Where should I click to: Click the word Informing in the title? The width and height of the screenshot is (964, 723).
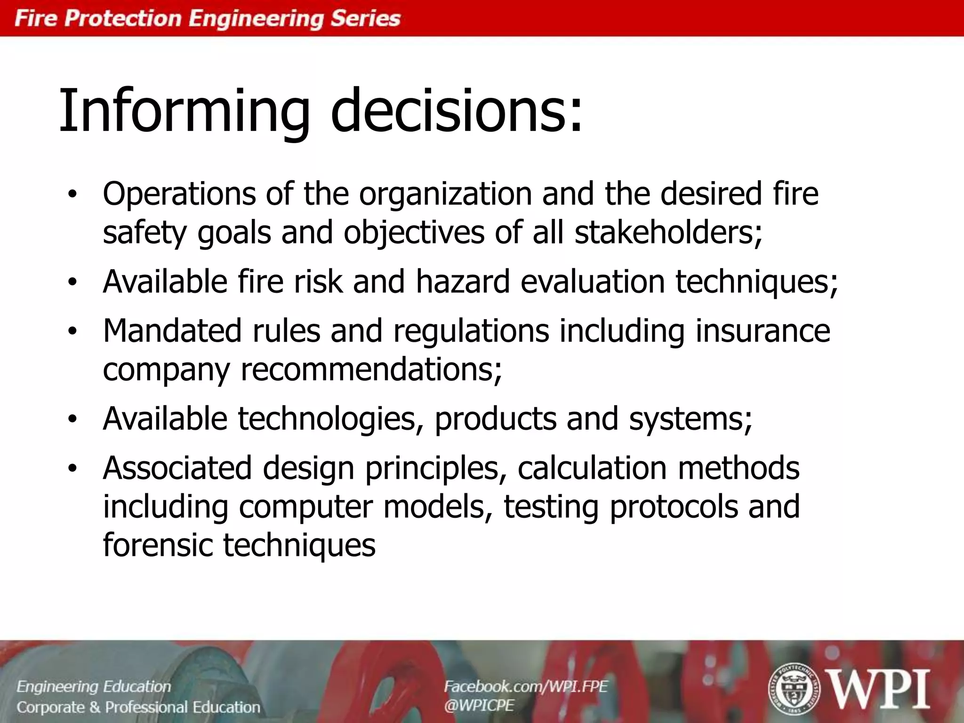tap(184, 111)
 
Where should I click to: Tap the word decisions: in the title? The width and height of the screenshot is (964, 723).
tap(457, 111)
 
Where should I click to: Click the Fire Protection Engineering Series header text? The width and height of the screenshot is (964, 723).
tap(208, 19)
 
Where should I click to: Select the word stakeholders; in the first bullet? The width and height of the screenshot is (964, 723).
tap(668, 233)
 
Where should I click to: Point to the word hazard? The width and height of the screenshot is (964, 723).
tap(463, 281)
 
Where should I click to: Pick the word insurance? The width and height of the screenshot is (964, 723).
tap(763, 330)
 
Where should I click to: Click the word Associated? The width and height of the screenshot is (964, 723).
tap(177, 468)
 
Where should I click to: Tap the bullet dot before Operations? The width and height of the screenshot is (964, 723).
tap(72, 194)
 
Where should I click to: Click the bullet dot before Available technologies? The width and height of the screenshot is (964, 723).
tap(72, 419)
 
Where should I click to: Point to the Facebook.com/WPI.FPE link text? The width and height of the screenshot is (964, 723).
tap(526, 686)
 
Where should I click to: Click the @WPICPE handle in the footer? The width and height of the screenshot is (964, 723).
tap(479, 705)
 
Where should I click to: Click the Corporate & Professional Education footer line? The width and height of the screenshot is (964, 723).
tap(138, 707)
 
